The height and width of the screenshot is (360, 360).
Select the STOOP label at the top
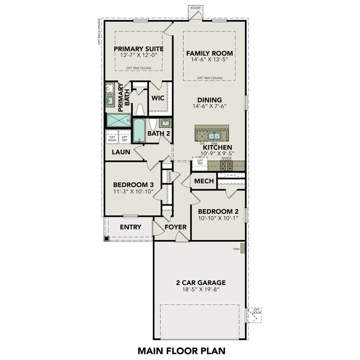click(x=195, y=7)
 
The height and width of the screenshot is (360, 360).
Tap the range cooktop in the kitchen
click(x=226, y=166)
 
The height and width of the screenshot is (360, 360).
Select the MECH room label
click(x=204, y=182)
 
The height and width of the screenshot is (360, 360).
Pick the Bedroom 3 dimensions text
click(x=133, y=192)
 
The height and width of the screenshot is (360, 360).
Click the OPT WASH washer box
click(x=112, y=138)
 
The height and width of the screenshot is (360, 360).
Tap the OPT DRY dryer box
click(x=124, y=138)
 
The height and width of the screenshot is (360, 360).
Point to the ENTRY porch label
click(x=130, y=227)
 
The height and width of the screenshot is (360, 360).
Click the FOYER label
click(x=176, y=227)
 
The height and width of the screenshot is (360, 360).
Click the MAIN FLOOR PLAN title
click(x=182, y=351)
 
